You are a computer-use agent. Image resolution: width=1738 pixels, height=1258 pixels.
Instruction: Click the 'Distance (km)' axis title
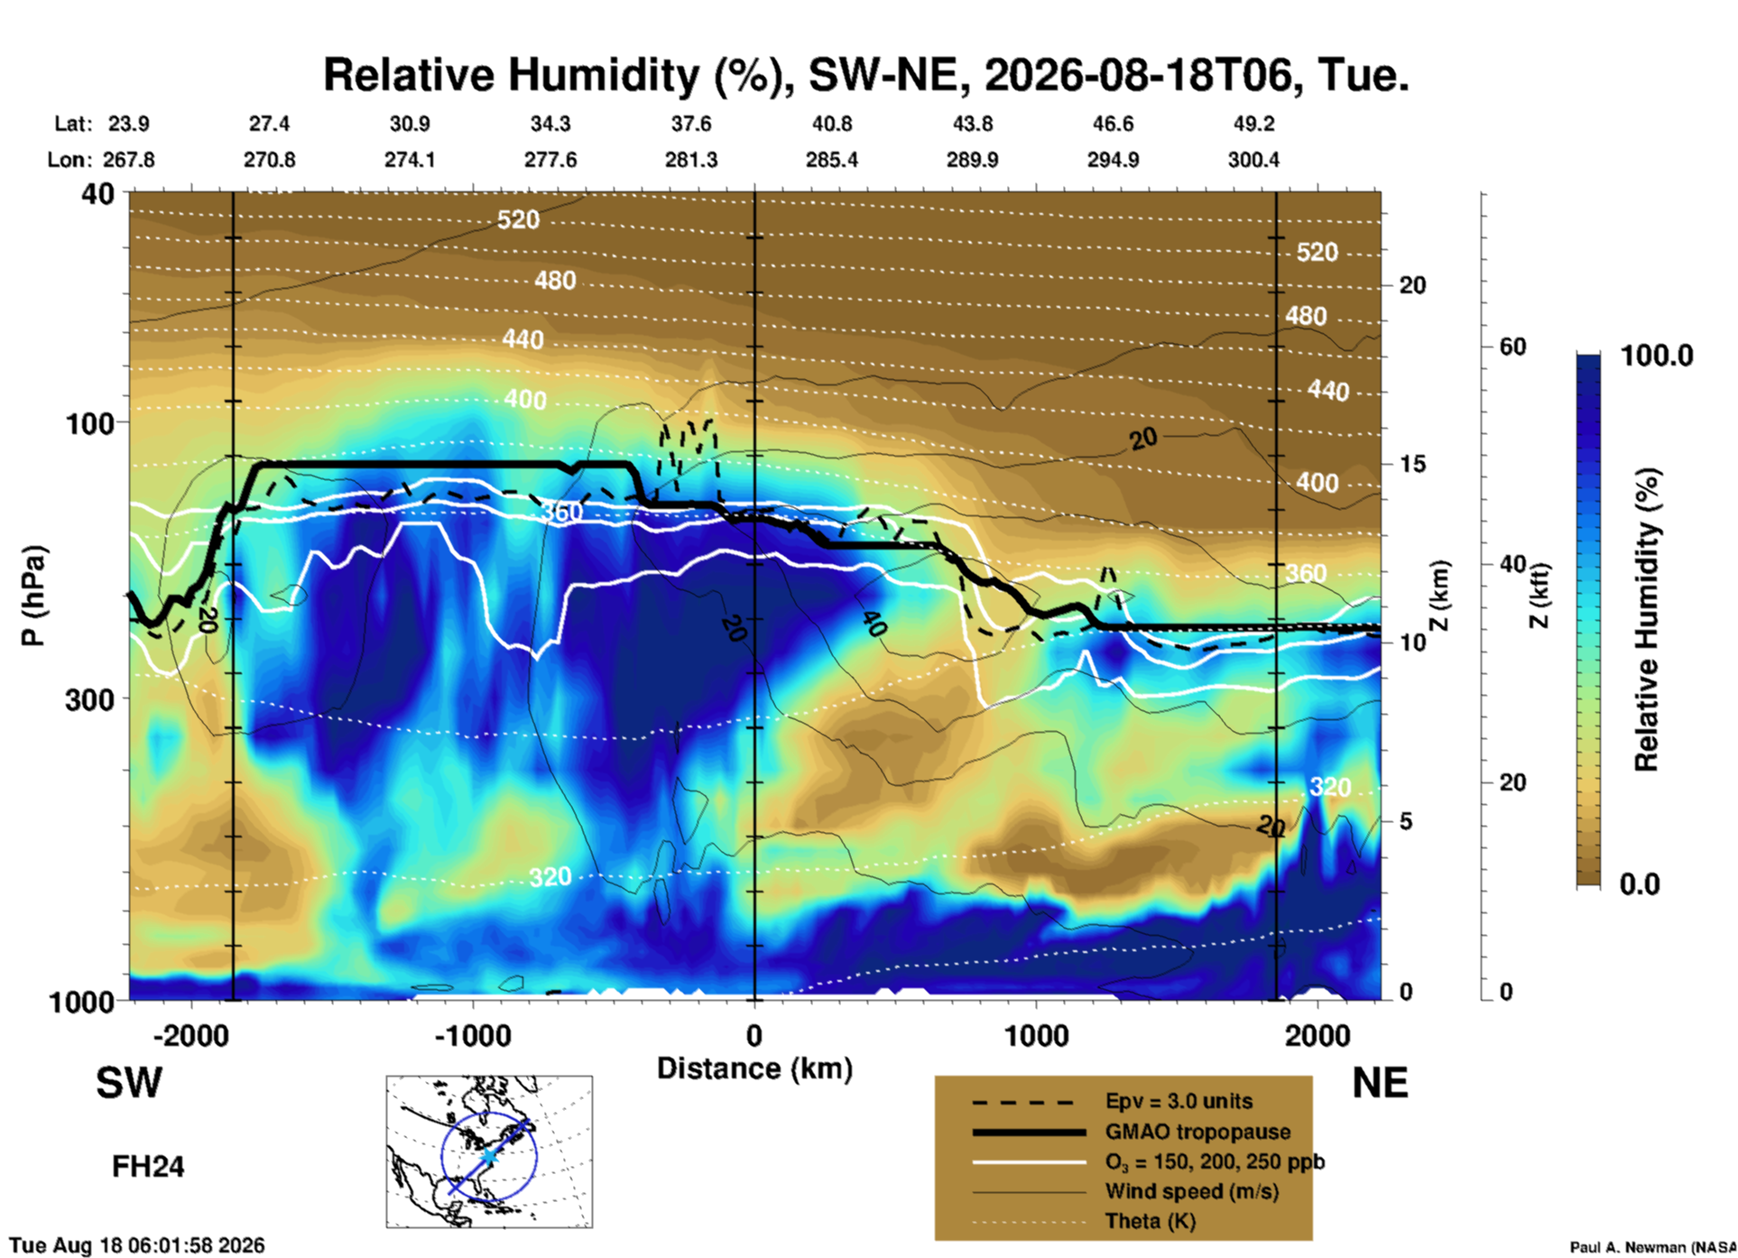tap(754, 1068)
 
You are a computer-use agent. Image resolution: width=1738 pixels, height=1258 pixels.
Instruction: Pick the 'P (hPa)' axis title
tap(33, 596)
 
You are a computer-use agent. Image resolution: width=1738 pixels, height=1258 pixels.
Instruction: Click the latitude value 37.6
tap(691, 124)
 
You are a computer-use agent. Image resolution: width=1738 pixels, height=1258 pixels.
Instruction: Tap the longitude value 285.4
tap(832, 160)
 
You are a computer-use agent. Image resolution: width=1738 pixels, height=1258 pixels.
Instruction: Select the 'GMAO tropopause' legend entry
tap(1197, 1132)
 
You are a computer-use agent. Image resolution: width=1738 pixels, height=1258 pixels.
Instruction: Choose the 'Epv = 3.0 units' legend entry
tap(1179, 1101)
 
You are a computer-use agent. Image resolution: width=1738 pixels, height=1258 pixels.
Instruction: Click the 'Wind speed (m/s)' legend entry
tap(1192, 1191)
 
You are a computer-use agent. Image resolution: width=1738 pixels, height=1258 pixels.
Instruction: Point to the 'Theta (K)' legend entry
tap(1151, 1221)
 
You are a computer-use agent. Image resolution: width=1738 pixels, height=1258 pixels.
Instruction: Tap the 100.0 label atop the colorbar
tap(1658, 356)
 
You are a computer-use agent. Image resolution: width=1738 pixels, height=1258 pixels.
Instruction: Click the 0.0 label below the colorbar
tap(1640, 883)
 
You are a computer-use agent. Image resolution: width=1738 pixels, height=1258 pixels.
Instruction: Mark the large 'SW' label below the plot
tap(129, 1083)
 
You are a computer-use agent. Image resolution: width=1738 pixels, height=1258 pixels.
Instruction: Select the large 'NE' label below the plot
tap(1381, 1083)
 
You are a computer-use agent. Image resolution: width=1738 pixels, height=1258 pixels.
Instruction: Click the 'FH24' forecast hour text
tap(148, 1167)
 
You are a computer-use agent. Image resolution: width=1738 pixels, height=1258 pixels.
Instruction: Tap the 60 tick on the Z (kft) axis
tap(1512, 347)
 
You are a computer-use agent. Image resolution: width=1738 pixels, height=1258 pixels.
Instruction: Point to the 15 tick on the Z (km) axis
tap(1412, 464)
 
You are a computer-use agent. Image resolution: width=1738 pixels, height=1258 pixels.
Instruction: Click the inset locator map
tap(489, 1152)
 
